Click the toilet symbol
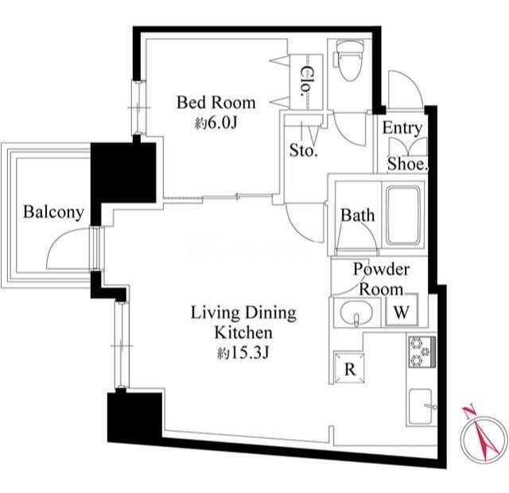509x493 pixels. coord(349,60)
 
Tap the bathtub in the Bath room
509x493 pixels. coord(403,215)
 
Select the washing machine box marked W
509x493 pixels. coord(402,309)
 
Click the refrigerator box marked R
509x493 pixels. coord(349,367)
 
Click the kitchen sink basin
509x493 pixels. coord(421,406)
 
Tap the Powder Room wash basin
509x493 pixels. coord(356,312)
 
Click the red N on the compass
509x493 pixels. coord(468,412)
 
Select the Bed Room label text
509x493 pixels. coord(216,103)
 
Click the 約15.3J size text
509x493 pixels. coord(243,353)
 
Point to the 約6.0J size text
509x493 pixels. coord(216,123)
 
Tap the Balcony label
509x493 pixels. coord(53,212)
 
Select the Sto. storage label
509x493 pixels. coord(303,150)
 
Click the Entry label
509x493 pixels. coord(402,129)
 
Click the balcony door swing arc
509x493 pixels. coord(60,239)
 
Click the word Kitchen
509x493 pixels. coord(243,333)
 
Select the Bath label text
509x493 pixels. coord(357,215)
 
